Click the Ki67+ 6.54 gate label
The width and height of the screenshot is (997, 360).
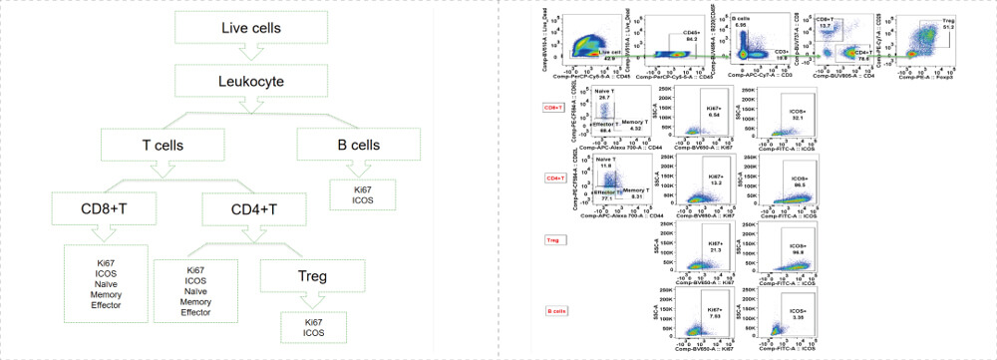(711, 114)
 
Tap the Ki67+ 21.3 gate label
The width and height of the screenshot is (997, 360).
(713, 245)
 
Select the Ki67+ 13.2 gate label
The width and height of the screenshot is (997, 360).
(711, 180)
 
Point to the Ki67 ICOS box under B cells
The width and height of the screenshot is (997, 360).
(361, 192)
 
